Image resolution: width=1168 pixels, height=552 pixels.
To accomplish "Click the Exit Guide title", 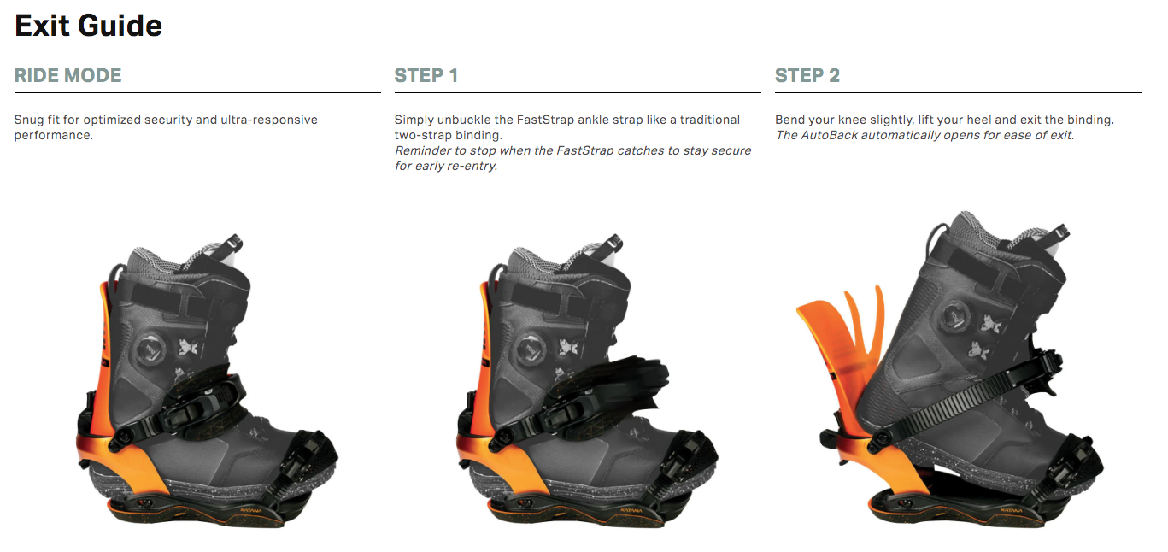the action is pos(89,26).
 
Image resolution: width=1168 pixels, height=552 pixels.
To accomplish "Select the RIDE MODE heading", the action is pos(67,75).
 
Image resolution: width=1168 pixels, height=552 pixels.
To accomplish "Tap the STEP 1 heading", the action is pos(426,75).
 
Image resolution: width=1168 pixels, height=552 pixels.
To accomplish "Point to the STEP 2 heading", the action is pos(807,75).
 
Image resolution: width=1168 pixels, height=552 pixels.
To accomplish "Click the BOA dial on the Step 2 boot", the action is pos(955,317).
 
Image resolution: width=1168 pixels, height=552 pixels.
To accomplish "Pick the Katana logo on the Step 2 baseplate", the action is pos(1011,510).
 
